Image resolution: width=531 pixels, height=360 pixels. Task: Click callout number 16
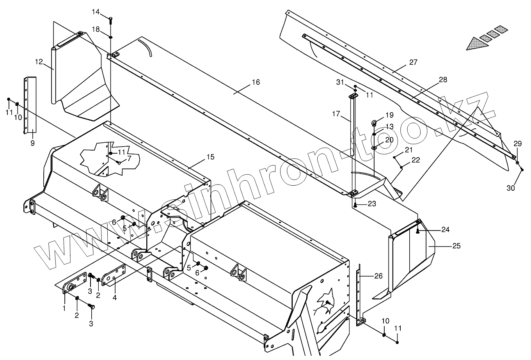coord(256,82)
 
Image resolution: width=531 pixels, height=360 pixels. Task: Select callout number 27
coord(413,62)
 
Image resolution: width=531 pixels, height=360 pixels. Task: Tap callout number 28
coord(443,80)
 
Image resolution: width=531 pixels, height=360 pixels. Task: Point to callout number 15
coord(210,157)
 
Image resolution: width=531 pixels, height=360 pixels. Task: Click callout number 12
coord(38,62)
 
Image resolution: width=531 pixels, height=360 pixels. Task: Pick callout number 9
coord(32,143)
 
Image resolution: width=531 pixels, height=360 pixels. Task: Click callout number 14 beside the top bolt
coord(96,12)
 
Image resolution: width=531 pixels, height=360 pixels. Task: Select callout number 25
coord(456,246)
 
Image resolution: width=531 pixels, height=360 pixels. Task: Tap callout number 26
coord(378,276)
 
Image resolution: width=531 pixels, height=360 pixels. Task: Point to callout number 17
coord(336,115)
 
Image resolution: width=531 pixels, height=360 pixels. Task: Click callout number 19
coord(389,115)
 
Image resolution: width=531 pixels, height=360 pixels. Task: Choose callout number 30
coord(511,188)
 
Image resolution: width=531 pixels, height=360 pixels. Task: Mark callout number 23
coord(371,204)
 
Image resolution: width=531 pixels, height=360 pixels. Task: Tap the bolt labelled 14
coord(111,20)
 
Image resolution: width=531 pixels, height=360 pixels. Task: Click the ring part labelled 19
coord(374,123)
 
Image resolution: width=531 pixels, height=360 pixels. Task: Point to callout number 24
coord(445,230)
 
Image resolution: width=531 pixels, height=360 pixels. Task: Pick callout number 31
coord(340,82)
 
